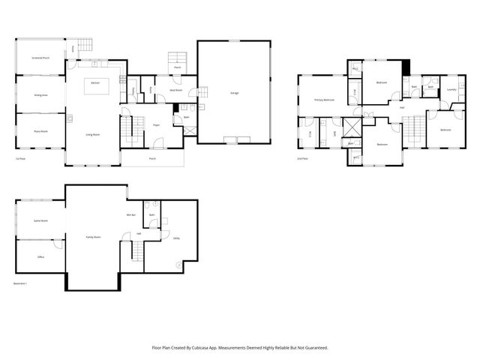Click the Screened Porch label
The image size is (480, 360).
pyautogui.click(x=40, y=58)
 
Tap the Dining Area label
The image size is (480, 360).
pyautogui.click(x=40, y=95)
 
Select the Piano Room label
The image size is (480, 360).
pyautogui.click(x=40, y=132)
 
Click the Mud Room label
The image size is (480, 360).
pyautogui.click(x=175, y=90)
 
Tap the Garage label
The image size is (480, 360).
pyautogui.click(x=235, y=92)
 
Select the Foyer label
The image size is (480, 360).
pyautogui.click(x=156, y=125)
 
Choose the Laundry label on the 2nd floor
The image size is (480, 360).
pyautogui.click(x=451, y=90)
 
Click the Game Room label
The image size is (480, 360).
pyautogui.click(x=40, y=220)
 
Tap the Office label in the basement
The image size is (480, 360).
pyautogui.click(x=40, y=256)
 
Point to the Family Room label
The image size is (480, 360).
pyautogui.click(x=94, y=237)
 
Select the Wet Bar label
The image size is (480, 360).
pyautogui.click(x=130, y=215)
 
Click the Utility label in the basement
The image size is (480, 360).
pyautogui.click(x=176, y=238)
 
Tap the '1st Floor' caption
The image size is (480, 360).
pyautogui.click(x=21, y=159)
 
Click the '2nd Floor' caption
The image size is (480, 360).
pyautogui.click(x=304, y=159)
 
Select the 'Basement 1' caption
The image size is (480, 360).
pyautogui.click(x=20, y=283)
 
